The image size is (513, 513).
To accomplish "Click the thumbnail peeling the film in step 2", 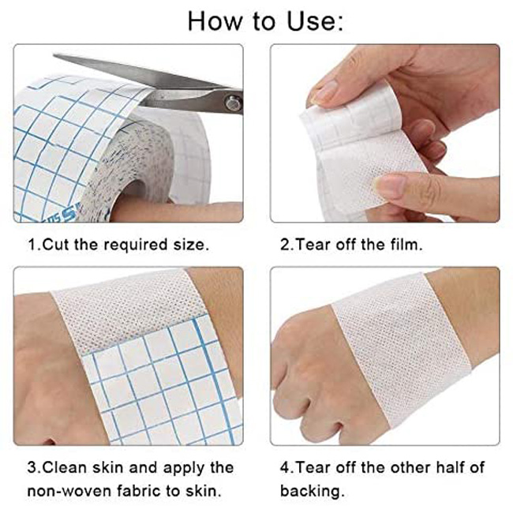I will [324, 93].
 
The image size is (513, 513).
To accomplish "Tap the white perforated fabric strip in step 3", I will [126, 312].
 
